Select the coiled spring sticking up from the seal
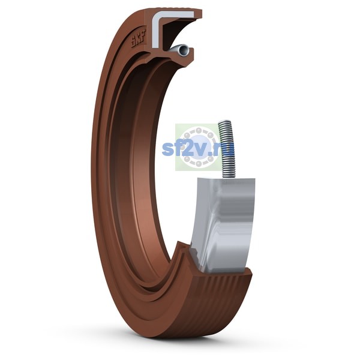point(227,149)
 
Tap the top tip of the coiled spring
point(224,121)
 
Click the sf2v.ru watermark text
point(198,148)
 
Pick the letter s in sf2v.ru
point(167,151)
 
